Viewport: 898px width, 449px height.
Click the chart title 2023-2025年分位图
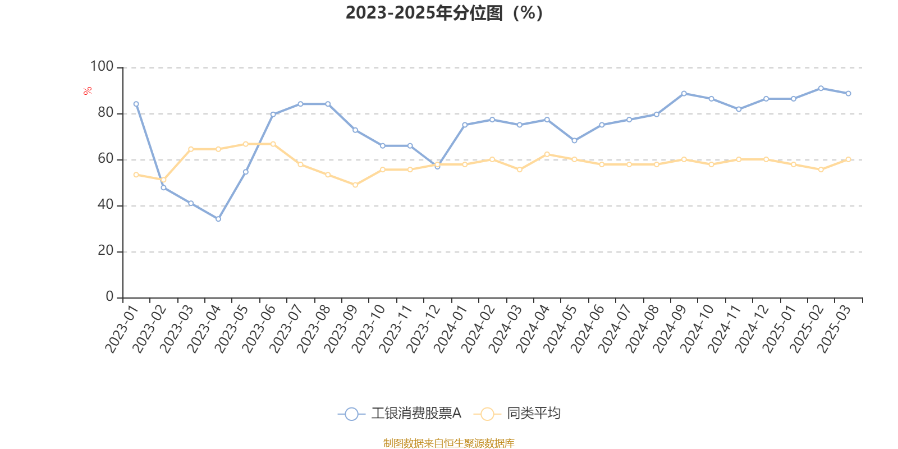coord(443,12)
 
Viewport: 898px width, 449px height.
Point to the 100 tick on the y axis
coord(102,67)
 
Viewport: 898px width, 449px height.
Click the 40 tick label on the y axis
coord(106,205)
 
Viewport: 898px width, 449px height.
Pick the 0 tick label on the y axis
coord(109,297)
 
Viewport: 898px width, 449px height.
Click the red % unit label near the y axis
coord(88,91)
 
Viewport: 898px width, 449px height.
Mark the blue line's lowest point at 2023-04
coord(218,219)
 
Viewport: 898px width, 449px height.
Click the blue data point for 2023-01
coord(136,104)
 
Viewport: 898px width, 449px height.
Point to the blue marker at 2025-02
coord(821,88)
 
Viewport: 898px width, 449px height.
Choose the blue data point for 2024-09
coord(684,93)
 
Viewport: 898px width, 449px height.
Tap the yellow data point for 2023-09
coord(355,185)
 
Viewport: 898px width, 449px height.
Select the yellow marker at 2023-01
coord(136,175)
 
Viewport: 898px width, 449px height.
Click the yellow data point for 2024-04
coord(547,154)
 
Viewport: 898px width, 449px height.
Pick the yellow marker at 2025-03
coord(848,159)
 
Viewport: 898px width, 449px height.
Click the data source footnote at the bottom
coord(448,443)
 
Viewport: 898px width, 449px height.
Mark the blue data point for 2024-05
coord(574,140)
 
